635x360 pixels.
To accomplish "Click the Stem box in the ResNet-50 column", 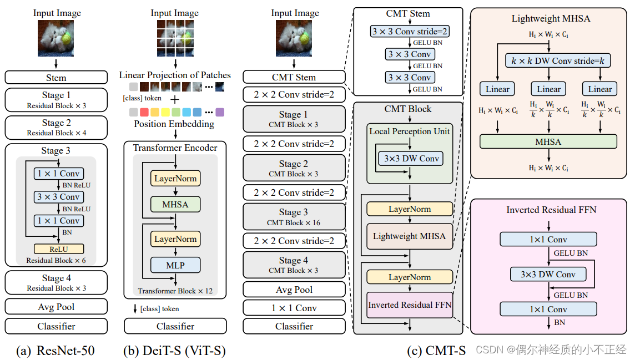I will click(56, 78).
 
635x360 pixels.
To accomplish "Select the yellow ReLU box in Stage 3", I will click(59, 249).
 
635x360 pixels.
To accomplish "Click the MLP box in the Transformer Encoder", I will click(175, 265).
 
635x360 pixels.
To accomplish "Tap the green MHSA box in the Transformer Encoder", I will click(175, 204).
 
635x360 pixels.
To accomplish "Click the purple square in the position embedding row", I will click(220, 113).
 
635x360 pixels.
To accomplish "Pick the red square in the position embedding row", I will click(145, 113).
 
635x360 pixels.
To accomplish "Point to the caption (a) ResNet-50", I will click(56, 350).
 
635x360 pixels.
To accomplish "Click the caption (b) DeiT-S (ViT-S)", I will click(175, 350).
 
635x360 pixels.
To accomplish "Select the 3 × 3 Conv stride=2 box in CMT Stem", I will click(410, 32).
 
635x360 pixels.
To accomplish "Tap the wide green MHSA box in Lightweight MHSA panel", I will click(548, 141).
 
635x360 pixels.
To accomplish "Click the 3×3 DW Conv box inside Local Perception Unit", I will click(411, 159).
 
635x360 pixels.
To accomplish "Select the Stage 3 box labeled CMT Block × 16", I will click(294, 216).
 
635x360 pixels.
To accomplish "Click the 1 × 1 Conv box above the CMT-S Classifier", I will click(294, 308).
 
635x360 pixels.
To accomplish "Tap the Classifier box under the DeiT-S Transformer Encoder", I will click(175, 326).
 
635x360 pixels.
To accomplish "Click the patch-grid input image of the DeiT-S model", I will click(175, 38).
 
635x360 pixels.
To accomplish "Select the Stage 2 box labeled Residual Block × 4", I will click(56, 127).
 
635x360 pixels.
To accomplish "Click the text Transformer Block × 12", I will click(175, 291).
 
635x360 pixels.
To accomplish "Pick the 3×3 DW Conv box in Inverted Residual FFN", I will click(548, 275).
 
